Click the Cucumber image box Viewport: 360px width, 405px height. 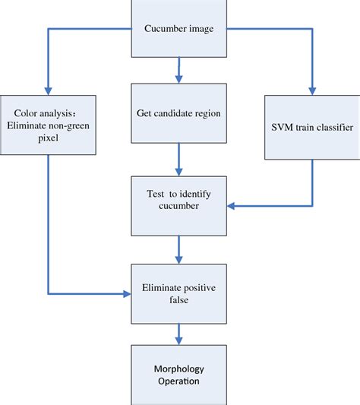pos(179,29)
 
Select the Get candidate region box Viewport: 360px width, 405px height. pos(179,112)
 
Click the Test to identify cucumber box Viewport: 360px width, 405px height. pos(179,205)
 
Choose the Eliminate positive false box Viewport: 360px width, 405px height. pos(179,292)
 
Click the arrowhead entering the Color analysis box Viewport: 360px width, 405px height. pos(47,90)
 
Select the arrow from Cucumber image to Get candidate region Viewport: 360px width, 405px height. pos(179,70)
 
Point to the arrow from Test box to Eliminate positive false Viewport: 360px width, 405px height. pos(179,249)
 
